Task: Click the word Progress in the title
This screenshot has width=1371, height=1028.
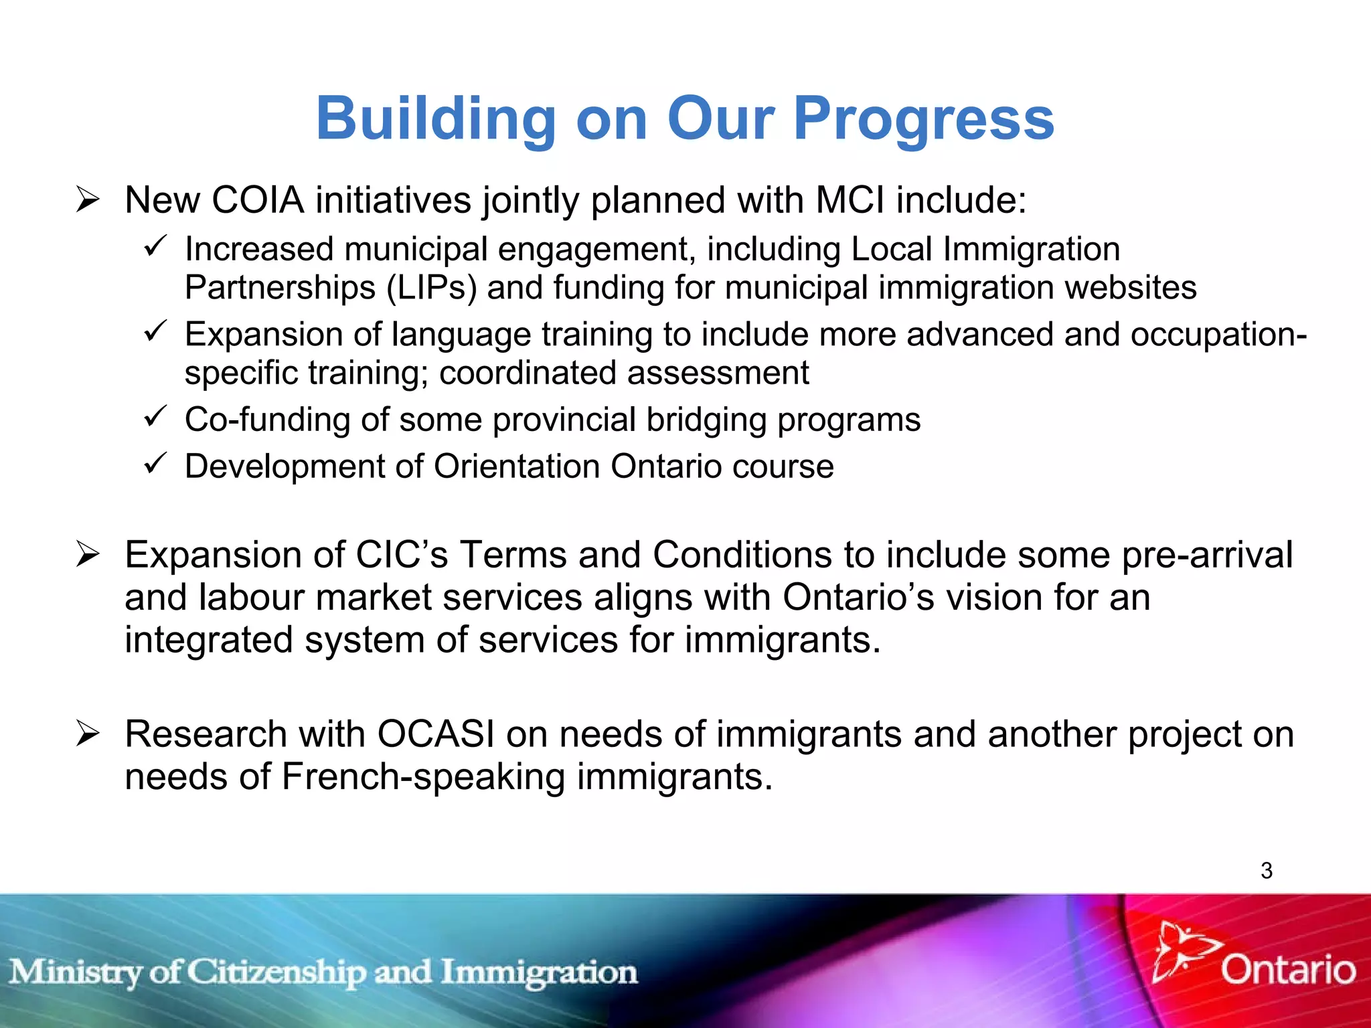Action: point(923,119)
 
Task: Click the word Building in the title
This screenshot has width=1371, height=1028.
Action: point(436,119)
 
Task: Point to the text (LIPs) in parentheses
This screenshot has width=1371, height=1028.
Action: point(432,288)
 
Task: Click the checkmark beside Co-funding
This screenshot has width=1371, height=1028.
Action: point(155,417)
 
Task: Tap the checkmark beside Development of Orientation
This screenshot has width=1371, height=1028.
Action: point(155,463)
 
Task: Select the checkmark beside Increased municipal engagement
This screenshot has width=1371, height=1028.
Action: point(155,246)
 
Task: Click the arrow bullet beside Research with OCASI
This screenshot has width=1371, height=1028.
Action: point(88,734)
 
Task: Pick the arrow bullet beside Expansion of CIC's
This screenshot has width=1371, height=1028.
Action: point(88,554)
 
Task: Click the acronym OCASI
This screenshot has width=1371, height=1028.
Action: point(436,734)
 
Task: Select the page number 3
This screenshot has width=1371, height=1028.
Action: point(1266,870)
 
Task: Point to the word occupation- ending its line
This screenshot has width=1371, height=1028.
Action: point(1218,335)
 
